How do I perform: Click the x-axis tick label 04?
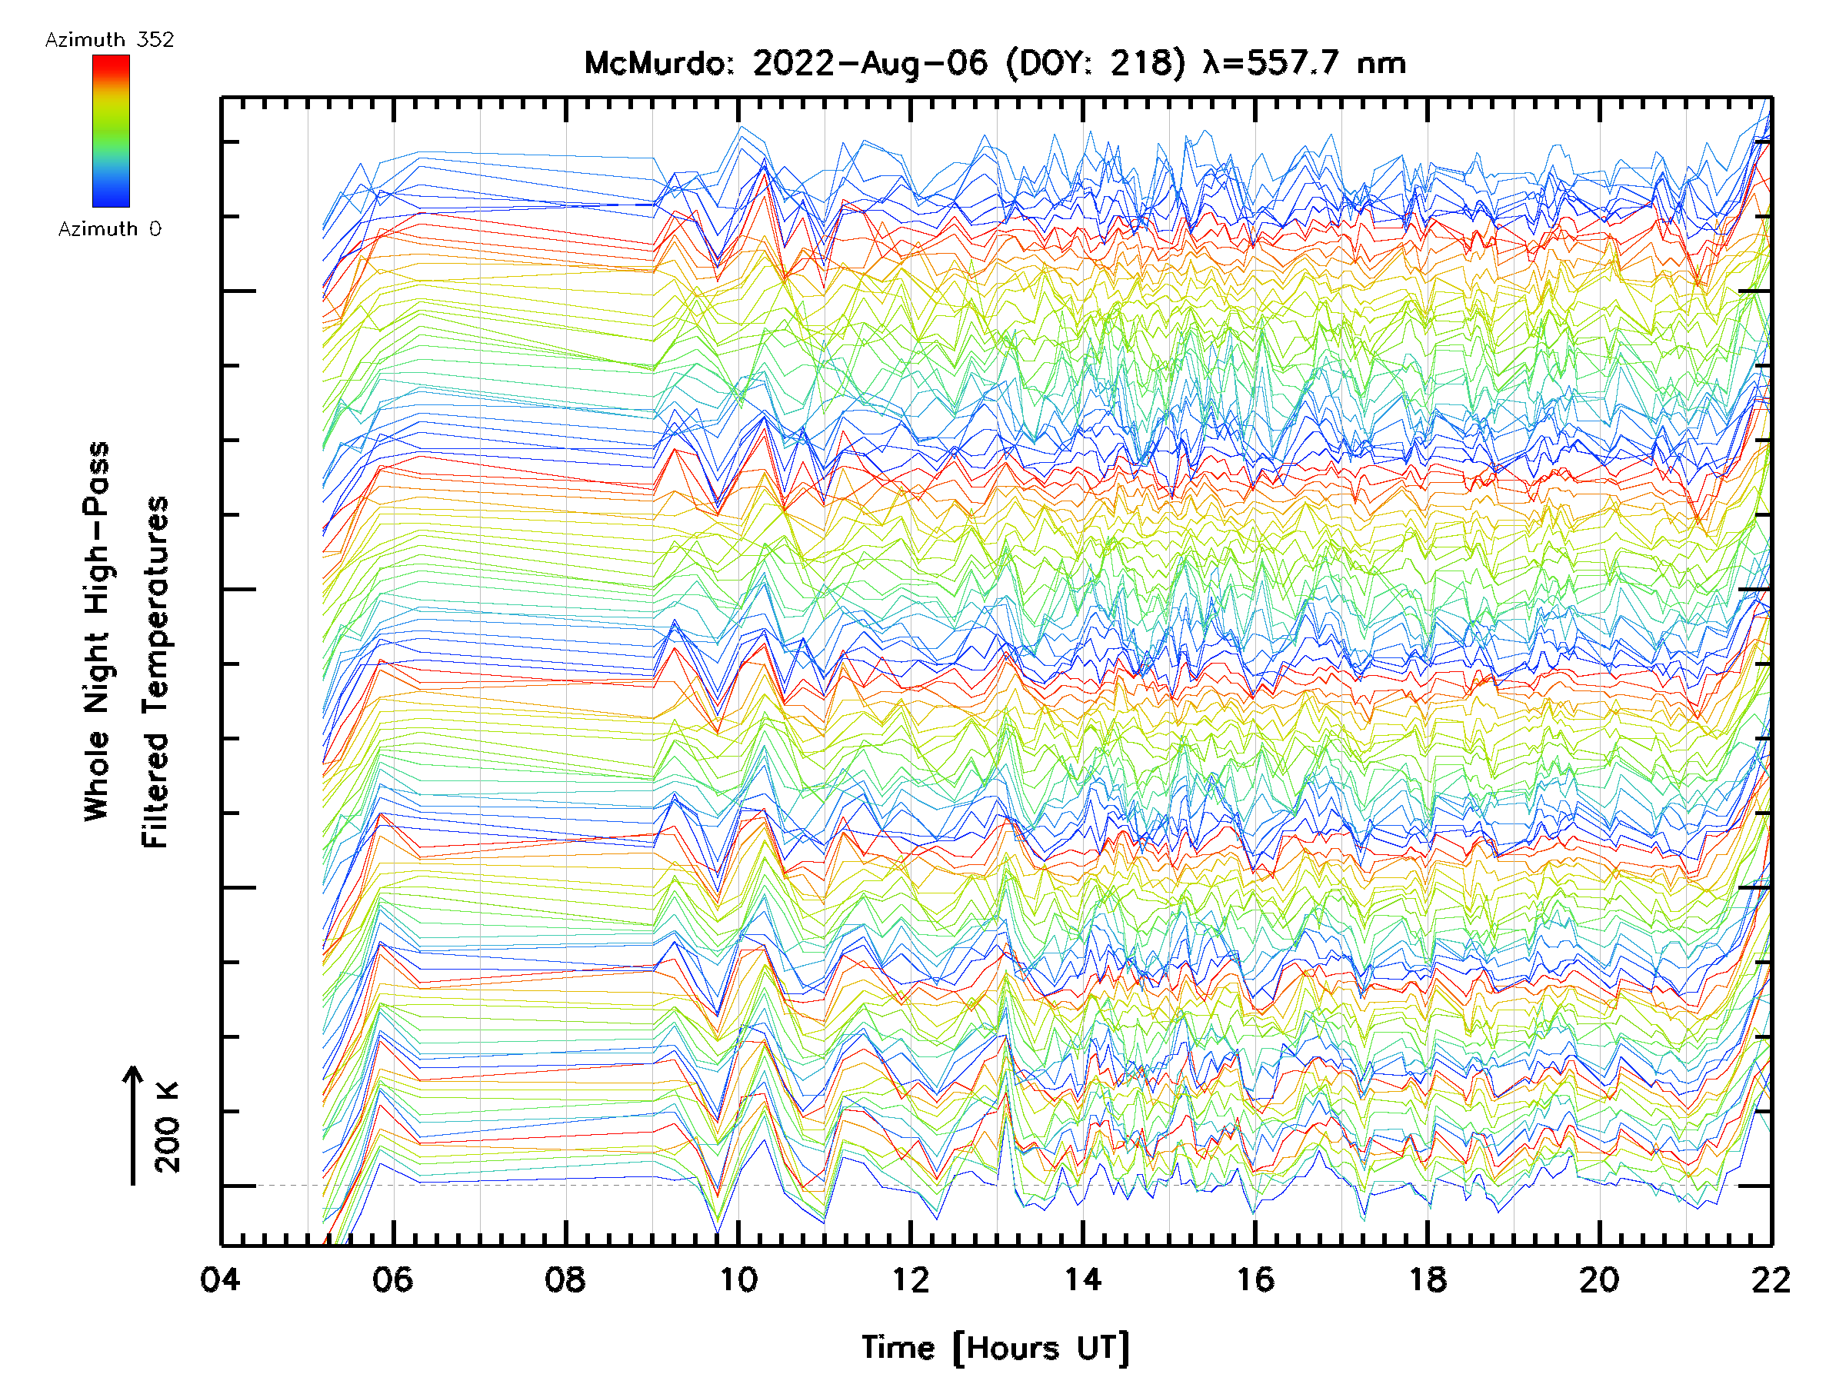220,1279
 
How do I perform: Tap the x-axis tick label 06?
392,1279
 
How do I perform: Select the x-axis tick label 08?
565,1279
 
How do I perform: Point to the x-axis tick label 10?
738,1279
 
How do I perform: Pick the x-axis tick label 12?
911,1279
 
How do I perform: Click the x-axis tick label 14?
1082,1279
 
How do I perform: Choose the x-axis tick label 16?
1255,1279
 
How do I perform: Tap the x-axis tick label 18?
1428,1279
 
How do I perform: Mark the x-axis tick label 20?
1600,1279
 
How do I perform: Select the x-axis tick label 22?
1771,1279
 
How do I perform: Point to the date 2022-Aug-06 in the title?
870,63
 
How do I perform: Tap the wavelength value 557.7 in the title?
1294,63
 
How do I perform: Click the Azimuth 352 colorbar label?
109,40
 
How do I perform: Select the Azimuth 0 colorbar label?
109,229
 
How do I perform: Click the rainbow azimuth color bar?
111,131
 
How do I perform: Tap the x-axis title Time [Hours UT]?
995,1348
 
